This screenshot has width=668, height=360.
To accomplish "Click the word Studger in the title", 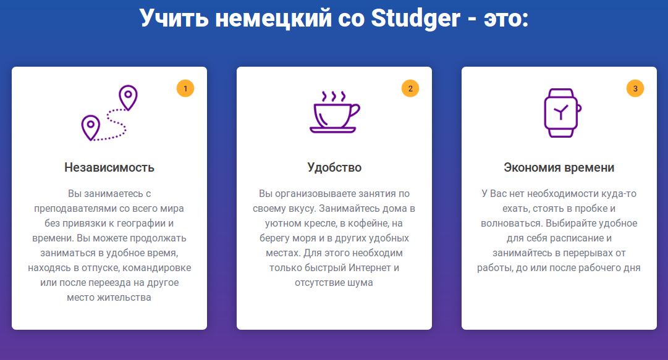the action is [415, 19].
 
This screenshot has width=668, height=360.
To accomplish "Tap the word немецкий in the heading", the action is [273, 19].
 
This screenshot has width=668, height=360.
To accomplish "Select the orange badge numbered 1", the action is [185, 88].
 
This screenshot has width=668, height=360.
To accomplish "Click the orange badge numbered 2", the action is [410, 88].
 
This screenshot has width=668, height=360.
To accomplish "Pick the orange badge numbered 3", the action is [635, 88].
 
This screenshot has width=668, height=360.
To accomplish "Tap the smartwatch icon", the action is [562, 113].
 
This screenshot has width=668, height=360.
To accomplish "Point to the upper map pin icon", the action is [128, 98].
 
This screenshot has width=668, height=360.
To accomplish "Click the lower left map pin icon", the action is [90, 127].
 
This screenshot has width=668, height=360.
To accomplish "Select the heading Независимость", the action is [109, 168].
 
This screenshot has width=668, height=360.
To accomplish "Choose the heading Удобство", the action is [334, 168].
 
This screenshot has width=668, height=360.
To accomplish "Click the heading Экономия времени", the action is [559, 168].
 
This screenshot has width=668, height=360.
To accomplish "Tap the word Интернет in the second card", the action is [370, 267].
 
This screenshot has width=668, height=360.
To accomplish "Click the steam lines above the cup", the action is [334, 96].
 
